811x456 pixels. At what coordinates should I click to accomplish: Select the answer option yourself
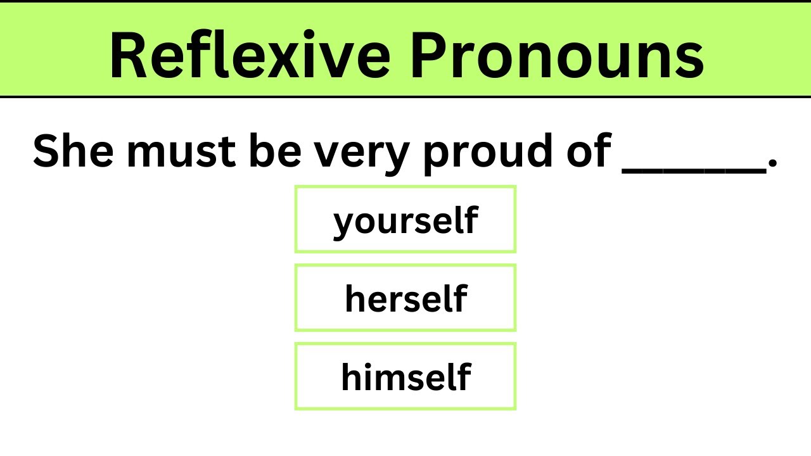pyautogui.click(x=405, y=220)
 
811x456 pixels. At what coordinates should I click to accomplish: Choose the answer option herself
pyautogui.click(x=405, y=298)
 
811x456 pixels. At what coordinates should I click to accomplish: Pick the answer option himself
pyautogui.click(x=405, y=377)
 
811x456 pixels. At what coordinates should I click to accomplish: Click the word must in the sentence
pyautogui.click(x=181, y=152)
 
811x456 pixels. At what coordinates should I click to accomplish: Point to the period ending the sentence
pyautogui.click(x=772, y=166)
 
